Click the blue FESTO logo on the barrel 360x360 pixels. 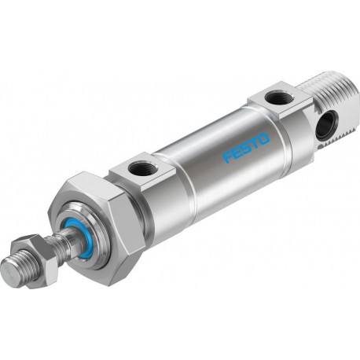246,148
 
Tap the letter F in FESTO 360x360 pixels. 227,158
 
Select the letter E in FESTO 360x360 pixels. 236,153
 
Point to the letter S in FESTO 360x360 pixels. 245,149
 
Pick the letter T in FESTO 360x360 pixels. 254,143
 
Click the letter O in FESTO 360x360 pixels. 264,138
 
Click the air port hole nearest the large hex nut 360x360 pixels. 140,167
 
